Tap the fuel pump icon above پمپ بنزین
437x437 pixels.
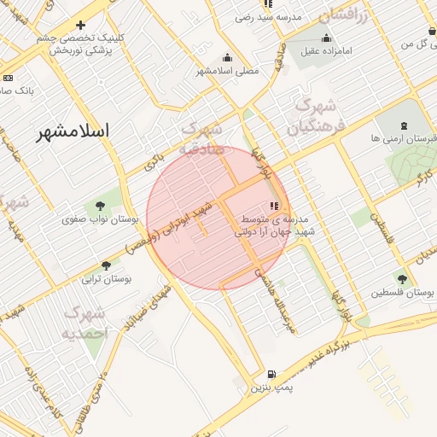[271, 373]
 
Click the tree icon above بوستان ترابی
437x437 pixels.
[106, 265]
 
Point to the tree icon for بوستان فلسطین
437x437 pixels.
[402, 278]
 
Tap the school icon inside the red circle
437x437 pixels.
[274, 206]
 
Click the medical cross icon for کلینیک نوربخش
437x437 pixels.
[80, 26]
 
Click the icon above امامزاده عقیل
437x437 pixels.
[326, 38]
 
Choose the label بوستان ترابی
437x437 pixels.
[104, 278]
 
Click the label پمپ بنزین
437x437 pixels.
[271, 388]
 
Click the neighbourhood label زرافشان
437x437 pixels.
[342, 15]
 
